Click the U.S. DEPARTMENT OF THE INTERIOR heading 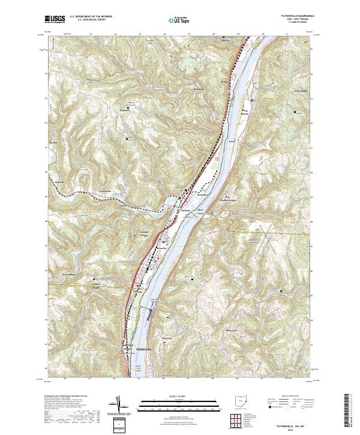(91, 17)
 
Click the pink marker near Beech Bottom (253, 99)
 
